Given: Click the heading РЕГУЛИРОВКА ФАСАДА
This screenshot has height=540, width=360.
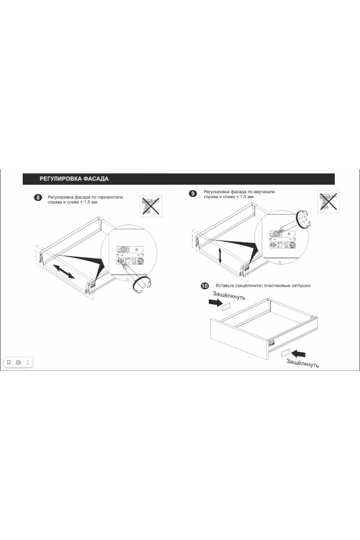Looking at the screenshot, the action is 74,179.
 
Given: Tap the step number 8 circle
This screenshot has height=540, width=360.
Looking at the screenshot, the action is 38,197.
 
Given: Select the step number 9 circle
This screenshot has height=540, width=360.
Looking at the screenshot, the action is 193,194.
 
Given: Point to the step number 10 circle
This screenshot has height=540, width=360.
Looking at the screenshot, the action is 205,286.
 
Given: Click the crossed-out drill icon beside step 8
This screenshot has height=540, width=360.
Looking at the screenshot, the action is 151,206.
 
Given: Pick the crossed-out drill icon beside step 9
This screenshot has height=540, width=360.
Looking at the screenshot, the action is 328,201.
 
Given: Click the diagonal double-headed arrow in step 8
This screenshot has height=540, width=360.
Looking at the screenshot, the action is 64,271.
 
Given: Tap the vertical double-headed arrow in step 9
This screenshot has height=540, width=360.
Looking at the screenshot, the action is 220,256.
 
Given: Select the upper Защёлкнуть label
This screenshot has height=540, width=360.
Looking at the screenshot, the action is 229,295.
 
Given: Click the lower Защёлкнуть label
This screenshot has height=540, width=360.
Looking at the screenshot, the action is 302,363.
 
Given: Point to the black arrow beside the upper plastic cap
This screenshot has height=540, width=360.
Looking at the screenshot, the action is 215,302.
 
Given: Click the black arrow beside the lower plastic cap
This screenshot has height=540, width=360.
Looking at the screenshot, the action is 298,353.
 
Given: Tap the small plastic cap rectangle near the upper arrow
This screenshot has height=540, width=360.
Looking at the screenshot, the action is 226,307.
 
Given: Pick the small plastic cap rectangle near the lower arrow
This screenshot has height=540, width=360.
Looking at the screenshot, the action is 285,353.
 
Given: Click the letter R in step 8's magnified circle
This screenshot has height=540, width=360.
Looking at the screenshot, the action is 137,250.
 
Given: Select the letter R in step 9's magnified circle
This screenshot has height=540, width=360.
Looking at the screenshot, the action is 289,234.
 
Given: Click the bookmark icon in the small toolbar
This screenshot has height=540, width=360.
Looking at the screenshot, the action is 9,362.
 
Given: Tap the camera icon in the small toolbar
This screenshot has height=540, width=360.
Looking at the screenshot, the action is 19,362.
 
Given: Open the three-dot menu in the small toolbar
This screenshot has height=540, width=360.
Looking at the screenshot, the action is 28,362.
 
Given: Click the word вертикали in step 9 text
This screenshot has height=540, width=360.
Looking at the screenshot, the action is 265,192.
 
